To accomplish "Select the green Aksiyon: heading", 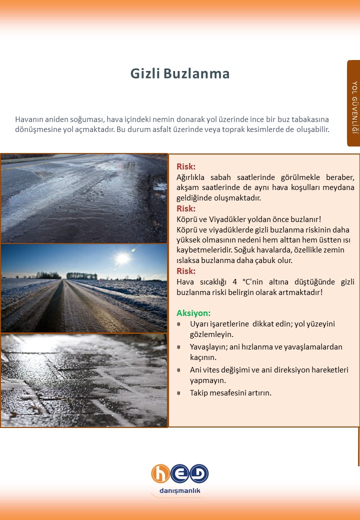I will [193, 313].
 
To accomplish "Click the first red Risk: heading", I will [186, 166].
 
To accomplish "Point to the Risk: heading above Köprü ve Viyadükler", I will [186, 208].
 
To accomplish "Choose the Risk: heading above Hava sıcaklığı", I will [186, 271].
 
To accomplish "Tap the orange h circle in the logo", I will [161, 474].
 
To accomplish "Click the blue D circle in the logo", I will [199, 473].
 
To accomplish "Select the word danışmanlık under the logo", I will [179, 491].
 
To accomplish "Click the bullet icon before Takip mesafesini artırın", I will [179, 393].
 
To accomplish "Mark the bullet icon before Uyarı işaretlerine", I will [179, 324].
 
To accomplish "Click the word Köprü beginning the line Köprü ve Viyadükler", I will [187, 219].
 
